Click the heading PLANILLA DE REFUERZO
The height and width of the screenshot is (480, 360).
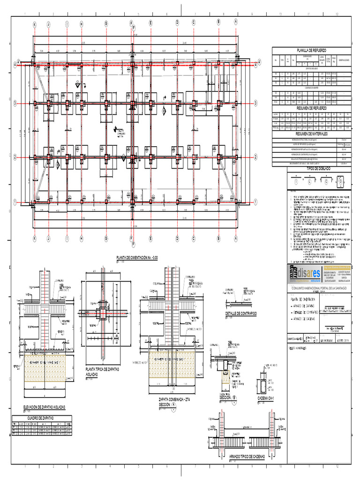(311, 50)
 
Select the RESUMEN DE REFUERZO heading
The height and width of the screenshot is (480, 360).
(311, 108)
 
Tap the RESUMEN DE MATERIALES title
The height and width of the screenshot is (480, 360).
(311, 134)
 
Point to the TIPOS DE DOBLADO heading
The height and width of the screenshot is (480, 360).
(318, 168)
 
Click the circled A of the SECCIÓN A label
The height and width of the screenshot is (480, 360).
(174, 405)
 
